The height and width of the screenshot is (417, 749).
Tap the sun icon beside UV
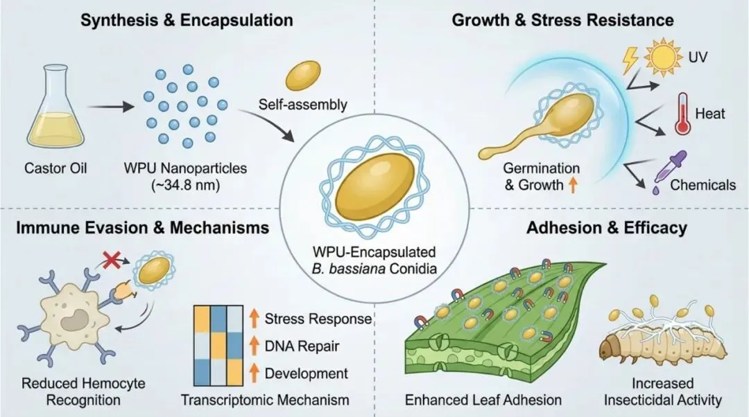coord(663,57)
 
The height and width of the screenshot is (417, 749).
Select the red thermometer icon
coord(682,114)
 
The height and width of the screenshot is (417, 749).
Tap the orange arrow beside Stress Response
coord(254,318)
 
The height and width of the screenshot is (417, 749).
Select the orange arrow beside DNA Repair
coord(254,346)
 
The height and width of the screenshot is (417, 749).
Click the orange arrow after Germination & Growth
coord(572,184)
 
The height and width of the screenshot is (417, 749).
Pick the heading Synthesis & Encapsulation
coord(187,20)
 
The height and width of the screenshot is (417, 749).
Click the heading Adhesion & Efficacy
coord(607,228)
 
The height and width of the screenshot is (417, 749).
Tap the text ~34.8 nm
coord(185,185)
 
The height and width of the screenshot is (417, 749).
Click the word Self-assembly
coord(303,104)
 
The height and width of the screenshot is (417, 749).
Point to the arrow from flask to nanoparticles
coord(110,107)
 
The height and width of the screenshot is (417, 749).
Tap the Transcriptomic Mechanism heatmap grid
coord(218,346)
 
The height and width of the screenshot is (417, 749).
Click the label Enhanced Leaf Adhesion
coord(483,400)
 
